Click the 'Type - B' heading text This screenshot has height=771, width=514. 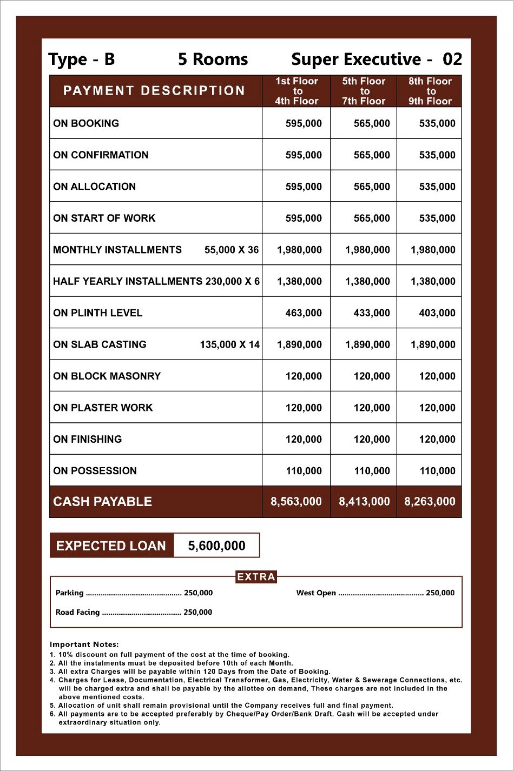pos(82,59)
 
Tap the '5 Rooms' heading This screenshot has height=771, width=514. pos(213,59)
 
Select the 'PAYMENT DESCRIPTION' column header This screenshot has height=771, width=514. pos(154,91)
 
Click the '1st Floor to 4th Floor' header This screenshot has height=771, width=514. pos(296,91)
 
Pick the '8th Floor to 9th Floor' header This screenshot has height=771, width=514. pos(430,91)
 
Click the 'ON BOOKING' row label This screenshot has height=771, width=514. pos(86,123)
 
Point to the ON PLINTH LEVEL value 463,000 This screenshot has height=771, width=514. pos(304,313)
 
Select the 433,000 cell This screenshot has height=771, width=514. pos(372,313)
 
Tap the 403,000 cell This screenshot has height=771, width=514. pos(437,313)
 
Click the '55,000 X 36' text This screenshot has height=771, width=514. pos(232,250)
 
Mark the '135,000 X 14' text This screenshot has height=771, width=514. pos(230,344)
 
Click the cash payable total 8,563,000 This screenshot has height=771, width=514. pos(296,502)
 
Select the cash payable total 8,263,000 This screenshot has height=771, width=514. pos(430,502)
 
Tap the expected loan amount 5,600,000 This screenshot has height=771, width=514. pos(216,546)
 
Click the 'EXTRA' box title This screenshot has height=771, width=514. pos(256,577)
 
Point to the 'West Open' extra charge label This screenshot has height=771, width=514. pos(316,593)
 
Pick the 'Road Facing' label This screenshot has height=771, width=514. pos(78,613)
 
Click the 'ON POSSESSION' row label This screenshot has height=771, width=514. pos(95,471)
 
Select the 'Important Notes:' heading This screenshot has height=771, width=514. pos(84,644)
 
